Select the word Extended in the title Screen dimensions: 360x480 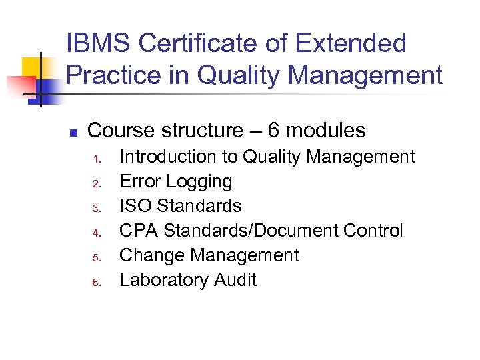[x=351, y=44]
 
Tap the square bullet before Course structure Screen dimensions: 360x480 [x=74, y=132]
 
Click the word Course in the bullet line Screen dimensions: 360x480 [x=123, y=130]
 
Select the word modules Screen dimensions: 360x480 [x=326, y=130]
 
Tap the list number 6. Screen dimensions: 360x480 [x=96, y=282]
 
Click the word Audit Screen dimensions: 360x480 [x=235, y=280]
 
